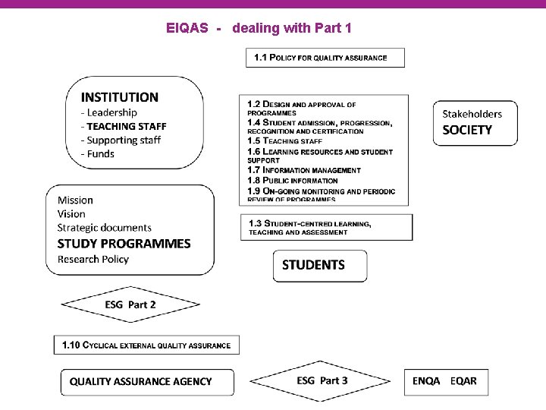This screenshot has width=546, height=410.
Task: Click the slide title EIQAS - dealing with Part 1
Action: (259, 29)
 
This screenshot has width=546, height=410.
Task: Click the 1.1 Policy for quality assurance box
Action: (325, 58)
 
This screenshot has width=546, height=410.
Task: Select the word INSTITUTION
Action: (120, 97)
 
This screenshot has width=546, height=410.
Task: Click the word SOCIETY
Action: (467, 130)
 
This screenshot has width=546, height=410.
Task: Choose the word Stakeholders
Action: (472, 114)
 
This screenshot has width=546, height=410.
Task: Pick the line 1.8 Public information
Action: (292, 181)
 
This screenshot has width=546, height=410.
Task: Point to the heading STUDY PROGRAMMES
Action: (124, 244)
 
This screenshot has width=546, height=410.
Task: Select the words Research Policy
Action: (93, 259)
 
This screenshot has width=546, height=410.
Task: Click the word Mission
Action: (75, 200)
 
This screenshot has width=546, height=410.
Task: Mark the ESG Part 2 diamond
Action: (130, 305)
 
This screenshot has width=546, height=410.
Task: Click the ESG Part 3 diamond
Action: (322, 380)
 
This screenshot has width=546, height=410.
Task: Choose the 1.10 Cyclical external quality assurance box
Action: (146, 345)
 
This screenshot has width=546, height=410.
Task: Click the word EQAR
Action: (463, 380)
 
